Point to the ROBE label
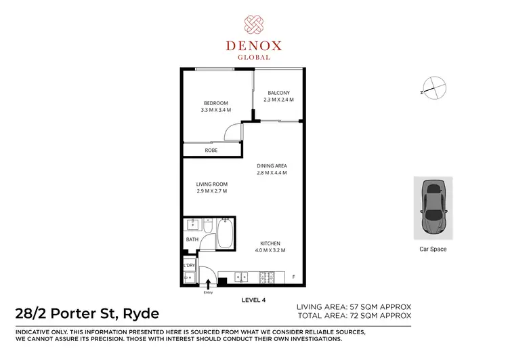211,150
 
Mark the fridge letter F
293,277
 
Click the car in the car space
433,207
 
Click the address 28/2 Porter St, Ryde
87,313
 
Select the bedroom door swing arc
234,133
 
